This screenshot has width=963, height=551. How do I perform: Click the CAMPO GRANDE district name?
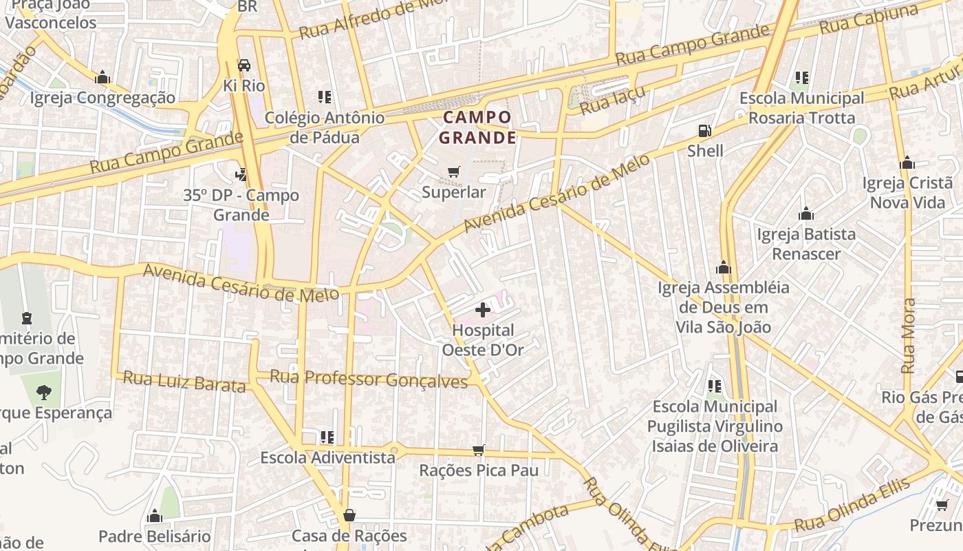[x=478, y=127]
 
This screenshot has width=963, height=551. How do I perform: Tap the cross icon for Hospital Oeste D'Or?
[x=483, y=310]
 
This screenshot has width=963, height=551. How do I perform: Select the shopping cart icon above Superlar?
[x=453, y=171]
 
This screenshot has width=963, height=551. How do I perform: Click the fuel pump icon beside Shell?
[x=704, y=130]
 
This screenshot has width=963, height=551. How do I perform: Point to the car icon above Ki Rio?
[x=244, y=65]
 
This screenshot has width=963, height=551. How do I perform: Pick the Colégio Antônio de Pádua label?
[x=325, y=127]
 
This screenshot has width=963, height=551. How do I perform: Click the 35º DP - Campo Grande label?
[x=241, y=205]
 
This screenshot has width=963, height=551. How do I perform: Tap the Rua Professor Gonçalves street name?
[x=369, y=379]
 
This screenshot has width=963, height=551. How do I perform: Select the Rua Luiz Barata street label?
[x=184, y=382]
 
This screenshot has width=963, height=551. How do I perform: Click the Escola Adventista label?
[x=328, y=457]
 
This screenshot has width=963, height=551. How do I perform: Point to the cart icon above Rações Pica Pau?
[x=479, y=450]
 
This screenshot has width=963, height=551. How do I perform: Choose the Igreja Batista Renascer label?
[x=806, y=244]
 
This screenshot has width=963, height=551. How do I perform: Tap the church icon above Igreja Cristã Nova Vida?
[x=907, y=163]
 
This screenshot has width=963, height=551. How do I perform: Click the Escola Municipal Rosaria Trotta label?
[x=801, y=108]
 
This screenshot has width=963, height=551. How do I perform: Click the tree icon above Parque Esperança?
[x=44, y=393]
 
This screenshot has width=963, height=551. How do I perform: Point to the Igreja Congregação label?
[x=102, y=98]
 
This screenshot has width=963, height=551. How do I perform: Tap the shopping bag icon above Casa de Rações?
[x=349, y=515]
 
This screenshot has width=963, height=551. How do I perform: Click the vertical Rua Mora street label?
[x=909, y=335]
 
